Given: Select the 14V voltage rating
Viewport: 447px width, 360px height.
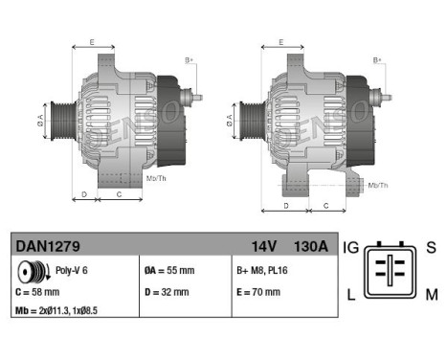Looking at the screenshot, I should pos(262,247).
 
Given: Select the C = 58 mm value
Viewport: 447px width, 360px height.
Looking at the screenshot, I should pos(38,291).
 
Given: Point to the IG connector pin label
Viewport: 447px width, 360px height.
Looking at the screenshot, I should pos(352,248).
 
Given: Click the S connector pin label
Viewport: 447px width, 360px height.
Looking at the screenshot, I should pos(431,248).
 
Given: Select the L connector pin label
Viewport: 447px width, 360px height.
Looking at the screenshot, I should pos(353,293).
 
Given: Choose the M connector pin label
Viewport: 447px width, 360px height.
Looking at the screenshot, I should pos(431,293).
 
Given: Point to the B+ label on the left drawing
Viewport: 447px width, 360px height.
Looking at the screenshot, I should pos(189,59).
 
